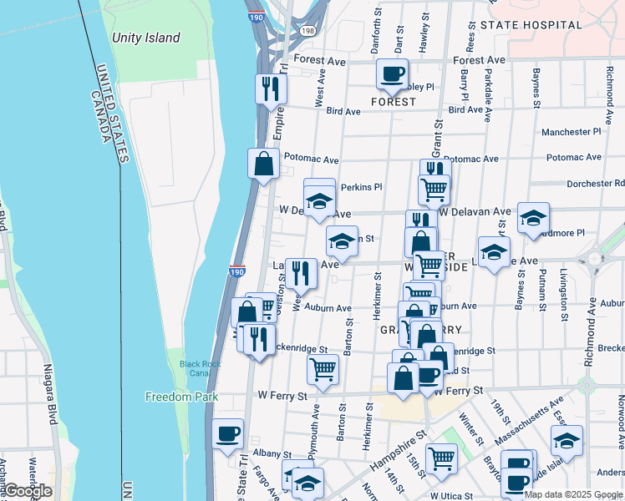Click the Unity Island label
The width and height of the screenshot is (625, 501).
coord(146,38)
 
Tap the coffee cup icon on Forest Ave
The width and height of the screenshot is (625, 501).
coord(392,74)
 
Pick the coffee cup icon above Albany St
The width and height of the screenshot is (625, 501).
coord(227,433)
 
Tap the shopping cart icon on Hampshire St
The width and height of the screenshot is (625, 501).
coord(441,458)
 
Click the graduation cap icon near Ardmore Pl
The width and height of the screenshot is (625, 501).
coord(533,218)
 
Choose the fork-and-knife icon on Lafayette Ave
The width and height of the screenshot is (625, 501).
coord(301,273)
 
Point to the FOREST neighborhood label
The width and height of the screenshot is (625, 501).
coord(393,102)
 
